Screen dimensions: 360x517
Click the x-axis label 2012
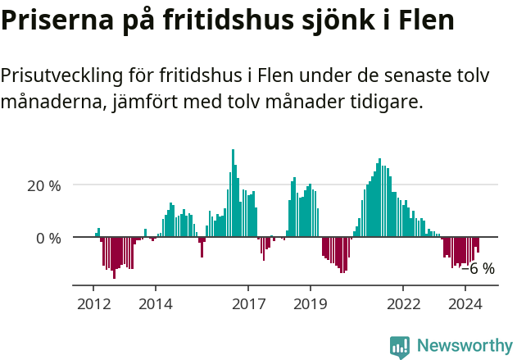pos(93,303)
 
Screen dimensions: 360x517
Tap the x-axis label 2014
pos(155,303)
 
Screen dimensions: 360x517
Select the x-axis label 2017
pos(248,303)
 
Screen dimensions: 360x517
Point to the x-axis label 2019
pos(311,303)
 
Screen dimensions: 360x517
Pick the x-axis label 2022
pos(403,303)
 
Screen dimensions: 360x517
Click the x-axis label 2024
pos(465,303)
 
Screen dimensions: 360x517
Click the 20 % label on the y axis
pos(44,185)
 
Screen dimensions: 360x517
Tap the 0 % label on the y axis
pos(48,238)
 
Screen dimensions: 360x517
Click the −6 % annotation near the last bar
pos(478,268)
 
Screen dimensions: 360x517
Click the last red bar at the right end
pos(478,244)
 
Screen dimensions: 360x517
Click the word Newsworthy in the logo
pos(465,345)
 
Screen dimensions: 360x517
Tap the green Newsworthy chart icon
pos(400,346)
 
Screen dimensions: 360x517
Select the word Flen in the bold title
pos(424,21)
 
